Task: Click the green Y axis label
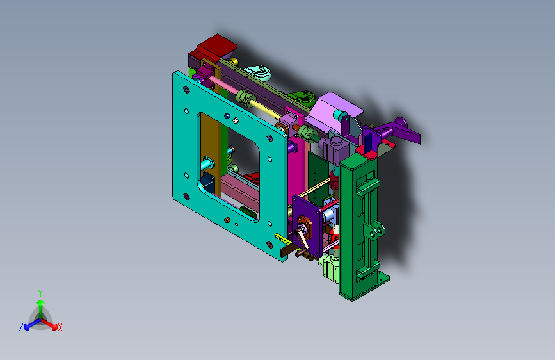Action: (x=40, y=293)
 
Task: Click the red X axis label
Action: (x=60, y=327)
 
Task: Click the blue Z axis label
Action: (x=21, y=327)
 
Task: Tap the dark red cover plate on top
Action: (x=216, y=46)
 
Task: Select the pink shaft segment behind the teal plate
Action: (x=223, y=85)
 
